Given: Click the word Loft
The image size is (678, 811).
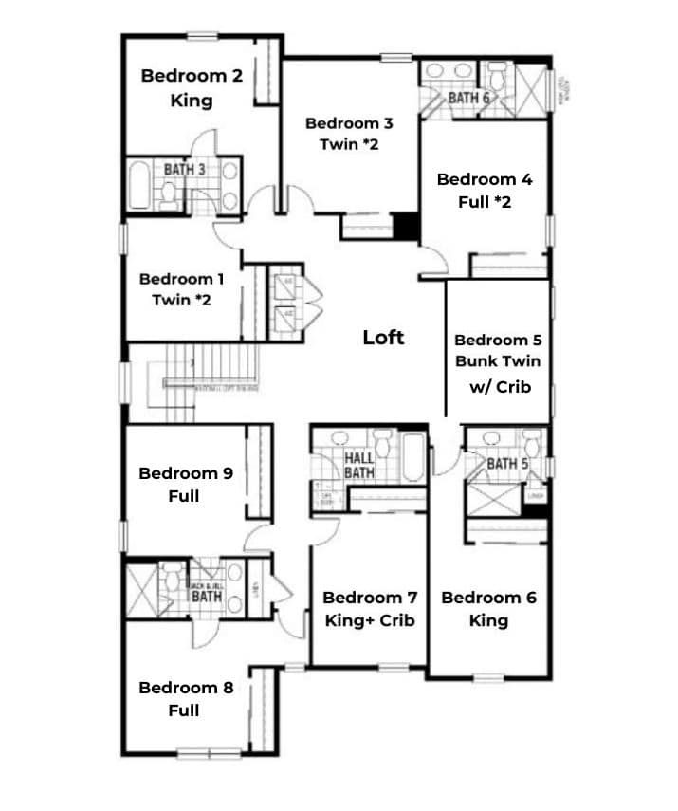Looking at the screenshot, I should click(383, 337).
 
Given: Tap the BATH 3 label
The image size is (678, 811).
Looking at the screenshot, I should click(185, 170).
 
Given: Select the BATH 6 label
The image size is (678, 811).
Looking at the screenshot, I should click(468, 98).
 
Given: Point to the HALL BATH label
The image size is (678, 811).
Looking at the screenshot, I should click(358, 465).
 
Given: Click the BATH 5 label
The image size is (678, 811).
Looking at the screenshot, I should click(506, 464).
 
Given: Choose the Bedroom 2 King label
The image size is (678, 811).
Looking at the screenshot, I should click(192, 87).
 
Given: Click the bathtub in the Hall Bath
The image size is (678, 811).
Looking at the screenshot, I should click(412, 458).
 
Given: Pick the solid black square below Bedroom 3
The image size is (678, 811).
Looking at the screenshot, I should click(407, 228).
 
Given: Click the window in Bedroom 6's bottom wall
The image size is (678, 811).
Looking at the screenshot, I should click(488, 677).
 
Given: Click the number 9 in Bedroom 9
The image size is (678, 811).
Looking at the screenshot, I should click(227, 473).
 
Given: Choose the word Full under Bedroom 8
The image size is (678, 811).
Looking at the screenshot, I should click(184, 710).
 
